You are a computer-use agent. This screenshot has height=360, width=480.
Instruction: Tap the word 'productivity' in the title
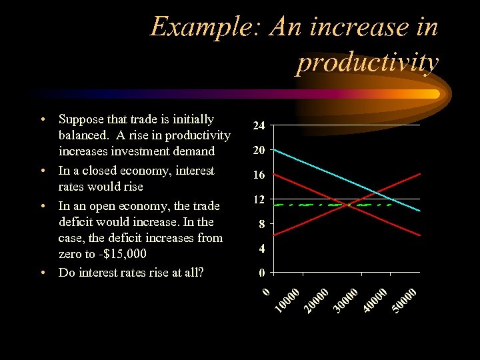367,62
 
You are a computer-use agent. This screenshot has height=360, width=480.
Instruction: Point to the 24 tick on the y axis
259,125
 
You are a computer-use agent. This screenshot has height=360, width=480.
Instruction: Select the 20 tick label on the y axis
259,151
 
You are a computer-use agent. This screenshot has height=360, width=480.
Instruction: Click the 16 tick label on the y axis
259,175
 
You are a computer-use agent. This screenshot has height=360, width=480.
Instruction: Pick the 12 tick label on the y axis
259,199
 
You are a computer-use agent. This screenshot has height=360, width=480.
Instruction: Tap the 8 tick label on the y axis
262,225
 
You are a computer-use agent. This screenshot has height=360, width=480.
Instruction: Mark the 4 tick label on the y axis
262,249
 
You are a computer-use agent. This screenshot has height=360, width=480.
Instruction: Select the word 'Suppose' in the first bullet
81,119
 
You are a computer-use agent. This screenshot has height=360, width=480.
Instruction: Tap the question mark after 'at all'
201,272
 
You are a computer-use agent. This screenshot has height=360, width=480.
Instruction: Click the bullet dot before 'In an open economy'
43,206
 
